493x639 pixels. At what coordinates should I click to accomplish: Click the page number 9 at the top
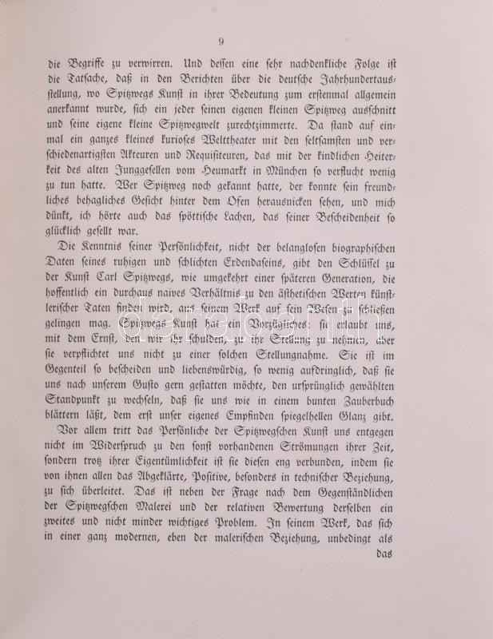click(x=221, y=42)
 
